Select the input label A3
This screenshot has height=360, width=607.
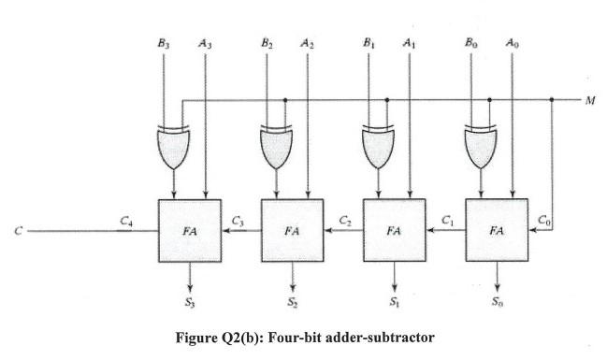point(204,43)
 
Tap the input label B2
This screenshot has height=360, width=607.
point(267,43)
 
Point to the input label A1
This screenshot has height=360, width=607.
point(408,43)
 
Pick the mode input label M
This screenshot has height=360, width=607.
point(590,99)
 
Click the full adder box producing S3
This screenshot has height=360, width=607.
point(191,230)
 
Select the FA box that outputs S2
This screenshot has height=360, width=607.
point(293,230)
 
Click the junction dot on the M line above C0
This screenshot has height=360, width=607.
point(553,99)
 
